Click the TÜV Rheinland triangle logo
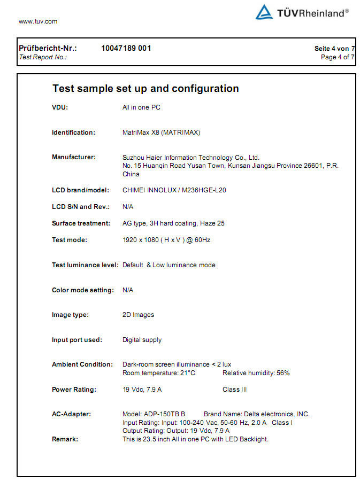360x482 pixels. [264, 12]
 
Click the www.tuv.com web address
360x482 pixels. [38, 21]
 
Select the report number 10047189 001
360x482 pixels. [126, 48]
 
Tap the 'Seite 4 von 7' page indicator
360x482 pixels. [334, 49]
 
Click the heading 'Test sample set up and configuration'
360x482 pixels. [145, 89]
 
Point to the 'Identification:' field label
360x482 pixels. [73, 133]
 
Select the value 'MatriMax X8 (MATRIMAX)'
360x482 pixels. [161, 133]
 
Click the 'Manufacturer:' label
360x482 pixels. [74, 157]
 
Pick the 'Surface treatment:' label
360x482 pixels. [81, 223]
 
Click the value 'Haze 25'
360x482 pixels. [213, 223]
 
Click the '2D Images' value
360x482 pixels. [138, 315]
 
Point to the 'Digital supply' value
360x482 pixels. [142, 340]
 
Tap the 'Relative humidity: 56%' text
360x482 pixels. [256, 373]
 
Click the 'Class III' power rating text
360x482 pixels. [234, 390]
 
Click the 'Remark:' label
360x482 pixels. [65, 439]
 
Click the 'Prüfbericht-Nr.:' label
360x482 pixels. [48, 48]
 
